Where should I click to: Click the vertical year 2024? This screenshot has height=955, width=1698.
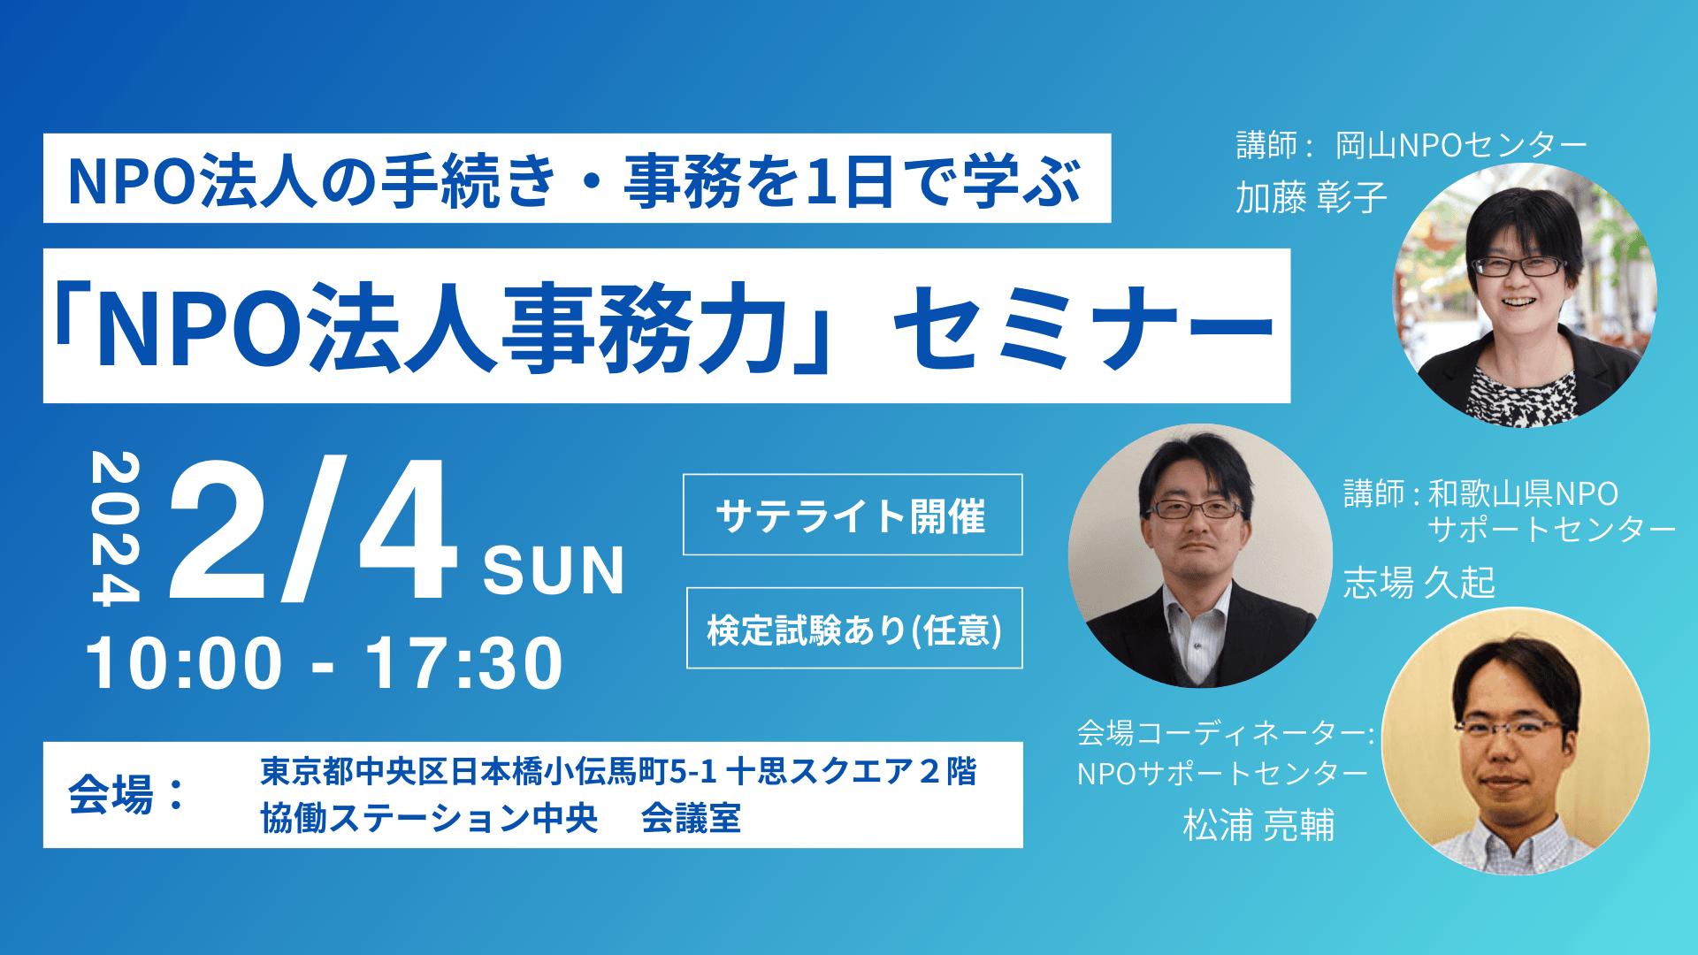point(116,529)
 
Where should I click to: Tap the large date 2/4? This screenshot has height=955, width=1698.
point(313,530)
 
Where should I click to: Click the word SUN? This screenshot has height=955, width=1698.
point(554,570)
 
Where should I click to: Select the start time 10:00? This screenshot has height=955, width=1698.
point(184,663)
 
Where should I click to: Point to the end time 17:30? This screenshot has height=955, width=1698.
point(463,663)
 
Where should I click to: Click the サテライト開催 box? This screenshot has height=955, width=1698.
point(853,515)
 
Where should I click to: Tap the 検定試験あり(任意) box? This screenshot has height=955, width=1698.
point(854,628)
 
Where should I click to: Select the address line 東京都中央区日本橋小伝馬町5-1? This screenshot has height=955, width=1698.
point(488,772)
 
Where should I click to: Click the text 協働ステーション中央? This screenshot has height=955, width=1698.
point(429,819)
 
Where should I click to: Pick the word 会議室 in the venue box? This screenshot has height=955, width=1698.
point(691,819)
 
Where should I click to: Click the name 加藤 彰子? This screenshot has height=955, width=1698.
point(1311,197)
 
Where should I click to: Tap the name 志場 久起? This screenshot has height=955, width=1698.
point(1419,583)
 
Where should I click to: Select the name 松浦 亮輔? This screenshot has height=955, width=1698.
point(1258,825)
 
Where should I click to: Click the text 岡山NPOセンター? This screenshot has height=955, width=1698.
point(1461,145)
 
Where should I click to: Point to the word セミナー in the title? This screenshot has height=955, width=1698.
point(1084,327)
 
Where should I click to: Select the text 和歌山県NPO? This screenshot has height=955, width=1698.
point(1523,493)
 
